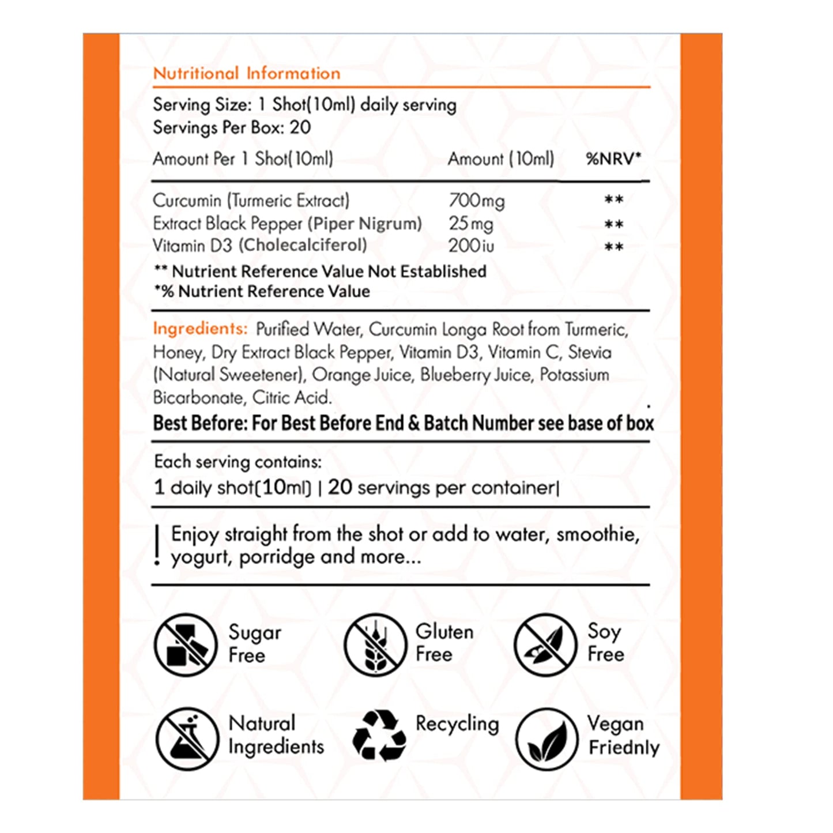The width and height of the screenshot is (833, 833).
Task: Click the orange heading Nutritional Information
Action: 246,74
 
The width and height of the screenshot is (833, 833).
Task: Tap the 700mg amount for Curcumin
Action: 476,201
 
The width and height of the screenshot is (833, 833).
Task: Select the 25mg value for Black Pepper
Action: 471,224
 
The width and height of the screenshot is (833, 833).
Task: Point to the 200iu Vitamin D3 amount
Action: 471,246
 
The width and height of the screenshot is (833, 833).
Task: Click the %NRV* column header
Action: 613,159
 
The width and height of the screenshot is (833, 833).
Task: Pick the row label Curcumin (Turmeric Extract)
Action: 251,201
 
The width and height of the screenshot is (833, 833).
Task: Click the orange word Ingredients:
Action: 200,329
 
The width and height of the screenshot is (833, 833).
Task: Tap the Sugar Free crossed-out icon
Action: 185,644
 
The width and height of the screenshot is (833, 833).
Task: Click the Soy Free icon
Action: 545,644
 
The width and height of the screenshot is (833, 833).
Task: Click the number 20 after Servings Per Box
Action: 300,127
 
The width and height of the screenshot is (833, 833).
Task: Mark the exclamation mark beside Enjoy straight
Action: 157,546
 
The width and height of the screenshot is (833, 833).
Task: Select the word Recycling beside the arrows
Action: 457,725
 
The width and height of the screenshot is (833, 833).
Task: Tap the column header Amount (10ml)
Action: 501,159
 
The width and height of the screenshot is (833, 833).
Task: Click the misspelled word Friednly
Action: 624,748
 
